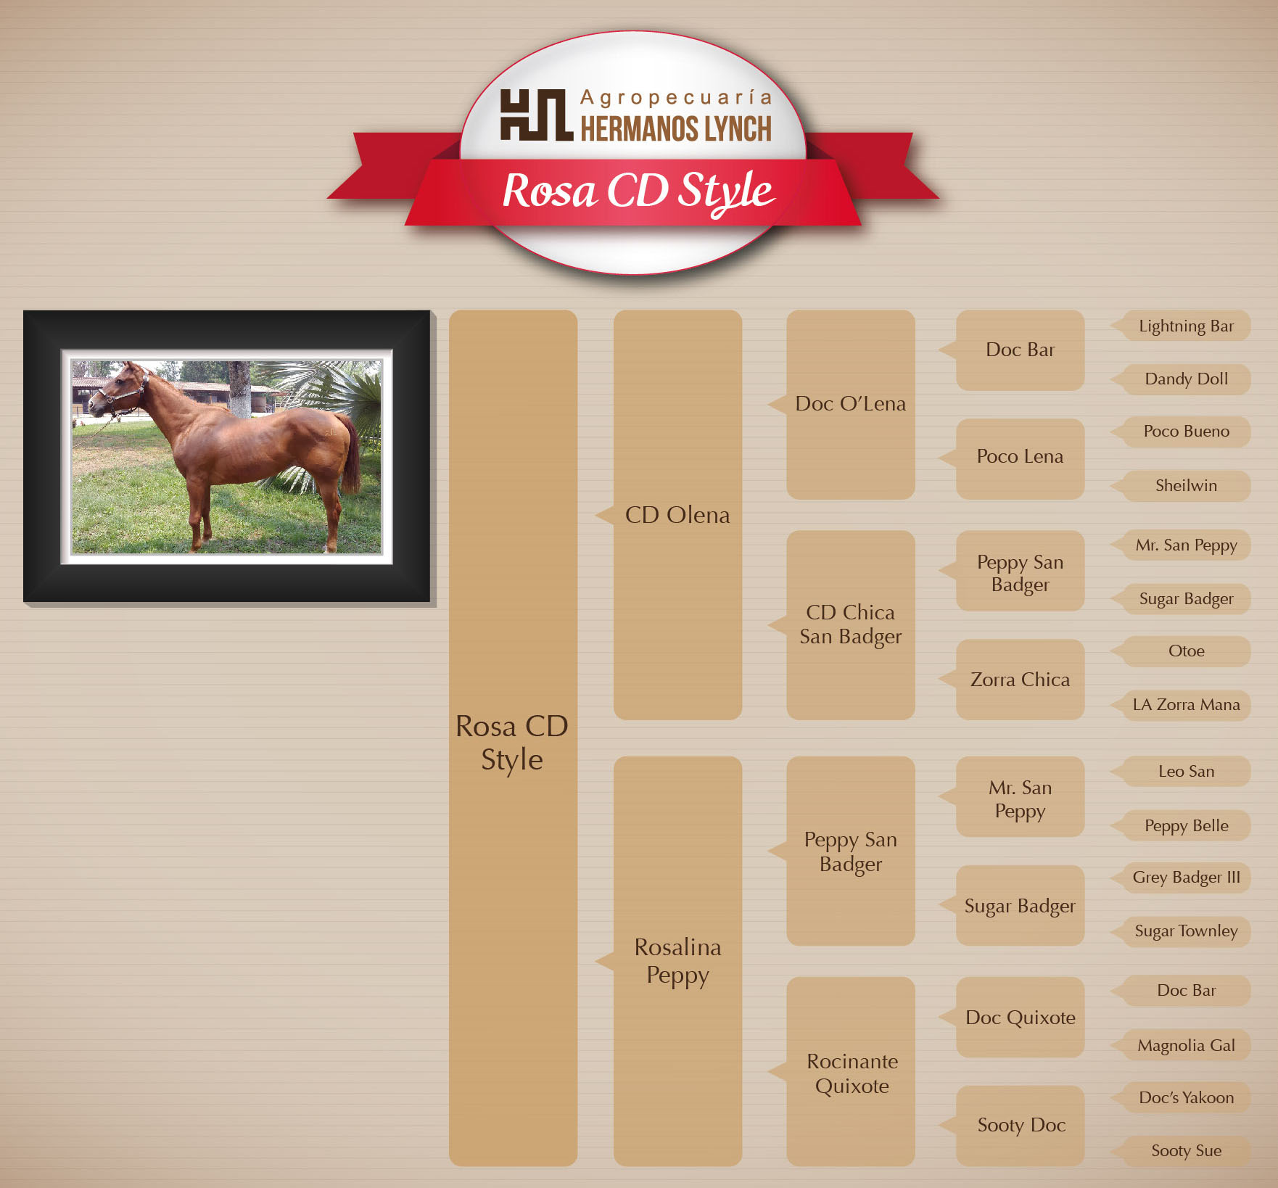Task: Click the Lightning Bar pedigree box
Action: tap(1187, 326)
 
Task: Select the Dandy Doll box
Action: tap(1187, 379)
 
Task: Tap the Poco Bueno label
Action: tap(1187, 431)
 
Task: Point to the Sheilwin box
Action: tap(1187, 485)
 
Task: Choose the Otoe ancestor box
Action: tap(1187, 651)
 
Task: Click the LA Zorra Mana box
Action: tap(1187, 704)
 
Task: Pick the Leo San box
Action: tap(1187, 771)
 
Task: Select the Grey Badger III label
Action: tap(1187, 878)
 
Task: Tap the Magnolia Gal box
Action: tap(1187, 1045)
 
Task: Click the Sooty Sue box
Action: tap(1187, 1150)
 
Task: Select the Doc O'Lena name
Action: tap(850, 403)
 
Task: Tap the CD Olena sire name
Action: tap(677, 515)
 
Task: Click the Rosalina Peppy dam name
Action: tap(677, 961)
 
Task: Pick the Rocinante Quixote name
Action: tap(852, 1073)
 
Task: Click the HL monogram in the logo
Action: tap(536, 115)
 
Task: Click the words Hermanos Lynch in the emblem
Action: tap(676, 128)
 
